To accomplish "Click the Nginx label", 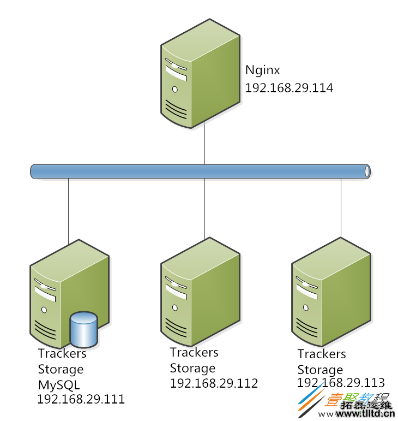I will pyautogui.click(x=263, y=70).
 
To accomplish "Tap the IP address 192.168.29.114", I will pyautogui.click(x=289, y=88).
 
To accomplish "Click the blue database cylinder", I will pyautogui.click(x=83, y=329).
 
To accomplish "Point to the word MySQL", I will pyautogui.click(x=58, y=384).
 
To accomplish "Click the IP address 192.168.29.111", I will pyautogui.click(x=81, y=399).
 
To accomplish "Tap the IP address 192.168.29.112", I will pyautogui.click(x=214, y=383).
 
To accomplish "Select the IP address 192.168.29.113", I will pyautogui.click(x=341, y=382).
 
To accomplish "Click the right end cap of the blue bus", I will pyautogui.click(x=367, y=171).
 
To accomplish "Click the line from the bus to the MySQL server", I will pyautogui.click(x=68, y=210).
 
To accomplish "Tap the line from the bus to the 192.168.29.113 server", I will pyautogui.click(x=341, y=207).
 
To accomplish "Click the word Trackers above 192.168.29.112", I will pyautogui.click(x=194, y=353).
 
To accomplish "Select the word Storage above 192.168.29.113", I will pyautogui.click(x=320, y=370).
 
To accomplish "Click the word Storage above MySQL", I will pyautogui.click(x=61, y=369).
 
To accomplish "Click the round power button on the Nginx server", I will pyautogui.click(x=174, y=89).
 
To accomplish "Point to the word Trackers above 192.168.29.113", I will pyautogui.click(x=322, y=354).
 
